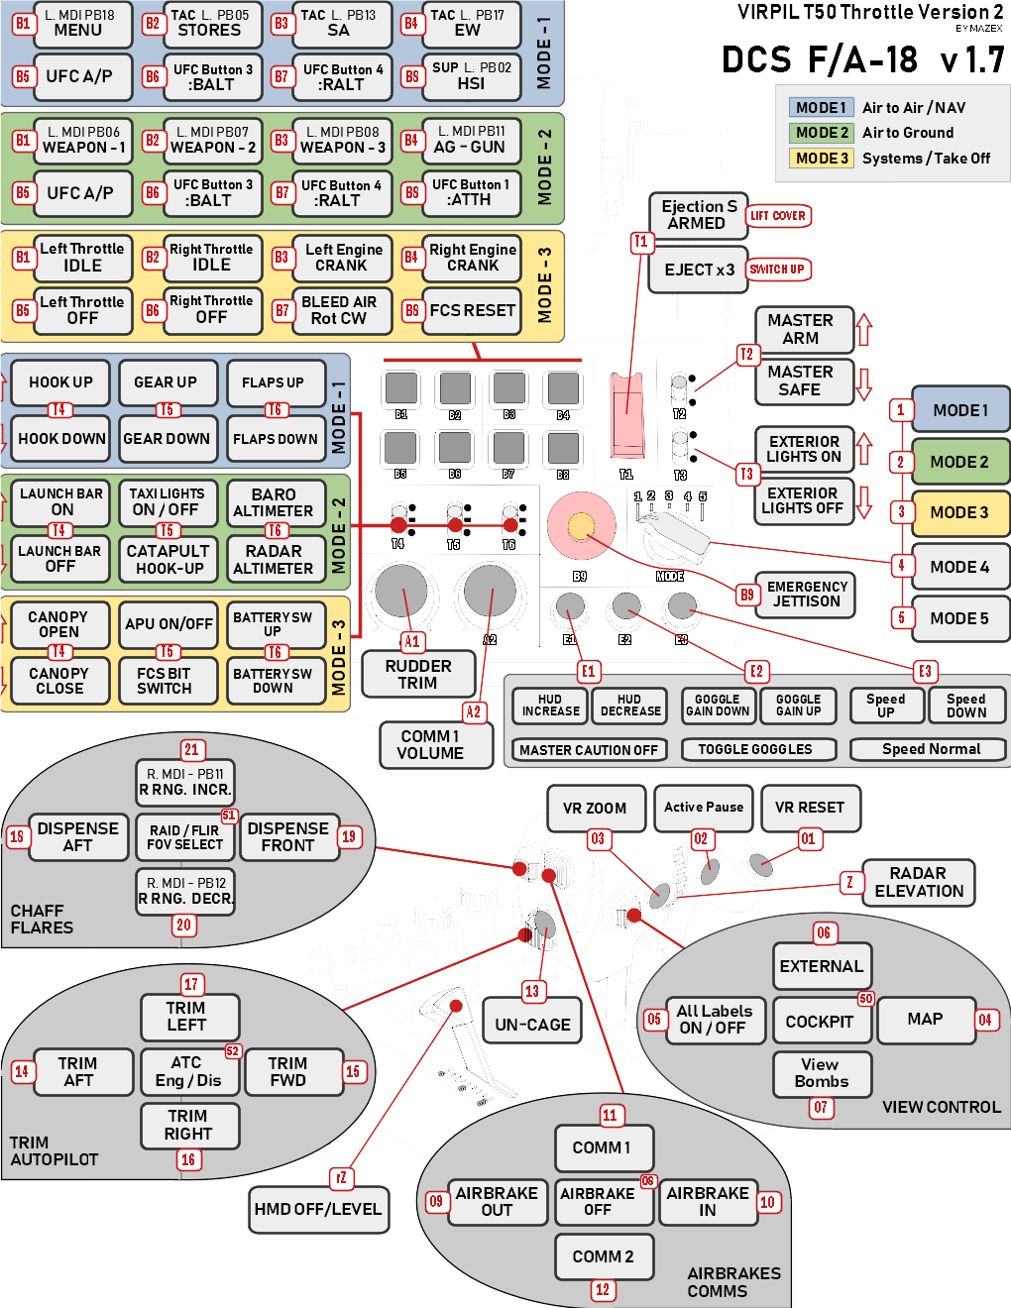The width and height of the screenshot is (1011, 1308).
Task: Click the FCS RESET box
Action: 472,310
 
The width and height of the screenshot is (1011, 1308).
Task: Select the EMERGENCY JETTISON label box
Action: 807,595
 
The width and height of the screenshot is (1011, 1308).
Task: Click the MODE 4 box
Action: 959,567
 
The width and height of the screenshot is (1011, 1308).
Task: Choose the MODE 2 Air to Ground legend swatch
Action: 822,133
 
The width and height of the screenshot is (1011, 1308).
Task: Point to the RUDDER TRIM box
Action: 418,674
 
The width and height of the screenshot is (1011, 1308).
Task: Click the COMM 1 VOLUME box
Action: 430,745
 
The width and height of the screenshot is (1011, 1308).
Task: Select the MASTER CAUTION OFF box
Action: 589,750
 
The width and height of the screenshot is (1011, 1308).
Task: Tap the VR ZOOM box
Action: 595,808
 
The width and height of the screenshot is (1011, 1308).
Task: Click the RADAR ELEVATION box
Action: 918,882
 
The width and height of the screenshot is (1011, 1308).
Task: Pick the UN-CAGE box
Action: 532,1025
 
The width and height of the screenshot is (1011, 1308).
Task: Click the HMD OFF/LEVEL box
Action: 317,1209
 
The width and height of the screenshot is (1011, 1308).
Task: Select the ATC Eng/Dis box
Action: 187,1071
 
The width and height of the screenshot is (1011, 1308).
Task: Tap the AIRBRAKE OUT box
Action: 497,1201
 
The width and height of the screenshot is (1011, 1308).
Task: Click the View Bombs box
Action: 821,1073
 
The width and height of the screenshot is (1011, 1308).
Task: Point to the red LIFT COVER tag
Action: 778,216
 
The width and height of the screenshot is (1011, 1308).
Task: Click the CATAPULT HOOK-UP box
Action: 168,559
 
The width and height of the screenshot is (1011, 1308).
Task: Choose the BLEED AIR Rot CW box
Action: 339,310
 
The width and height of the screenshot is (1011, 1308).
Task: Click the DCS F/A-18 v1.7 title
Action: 862,59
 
